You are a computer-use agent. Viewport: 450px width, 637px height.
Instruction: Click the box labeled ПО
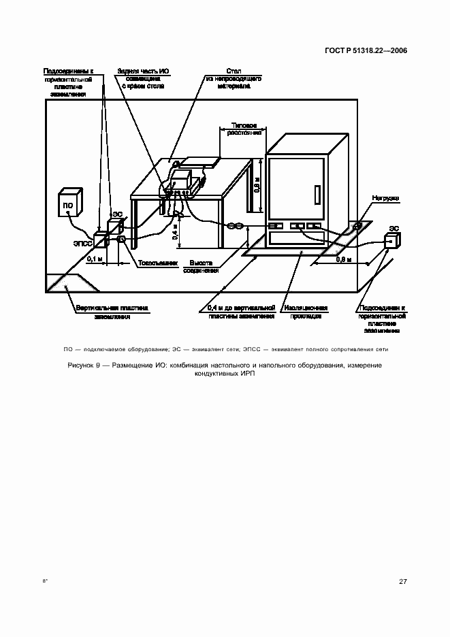pyautogui.click(x=70, y=203)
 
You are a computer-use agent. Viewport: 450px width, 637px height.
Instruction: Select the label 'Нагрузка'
pyautogui.click(x=385, y=198)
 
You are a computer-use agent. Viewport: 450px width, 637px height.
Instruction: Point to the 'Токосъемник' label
pyautogui.click(x=158, y=261)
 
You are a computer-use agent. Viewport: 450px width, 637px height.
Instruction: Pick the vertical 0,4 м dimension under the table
pyautogui.click(x=174, y=234)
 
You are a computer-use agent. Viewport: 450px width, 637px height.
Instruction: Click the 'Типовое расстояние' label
pyautogui.click(x=244, y=129)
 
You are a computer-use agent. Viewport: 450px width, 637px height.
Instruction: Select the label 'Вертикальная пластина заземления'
pyautogui.click(x=112, y=312)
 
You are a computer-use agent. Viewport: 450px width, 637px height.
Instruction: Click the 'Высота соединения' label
pyautogui.click(x=201, y=266)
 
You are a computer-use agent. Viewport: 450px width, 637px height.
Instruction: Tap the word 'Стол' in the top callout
pyautogui.click(x=234, y=70)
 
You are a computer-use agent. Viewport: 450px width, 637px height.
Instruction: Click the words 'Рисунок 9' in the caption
pyautogui.click(x=84, y=365)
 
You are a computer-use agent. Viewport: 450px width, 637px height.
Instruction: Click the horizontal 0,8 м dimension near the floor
pyautogui.click(x=345, y=260)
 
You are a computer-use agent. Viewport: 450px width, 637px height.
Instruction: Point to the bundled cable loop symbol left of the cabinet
pyautogui.click(x=236, y=226)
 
